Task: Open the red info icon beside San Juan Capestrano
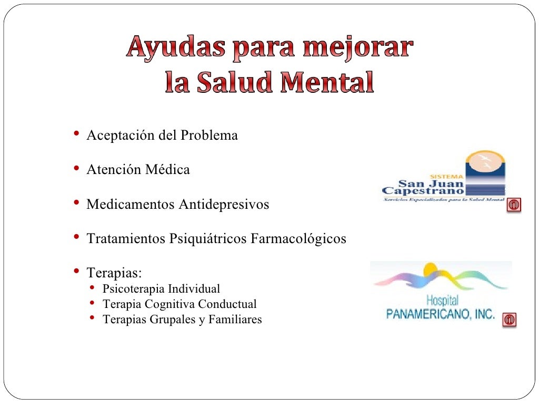click(514, 205)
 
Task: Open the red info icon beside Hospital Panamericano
click(509, 320)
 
